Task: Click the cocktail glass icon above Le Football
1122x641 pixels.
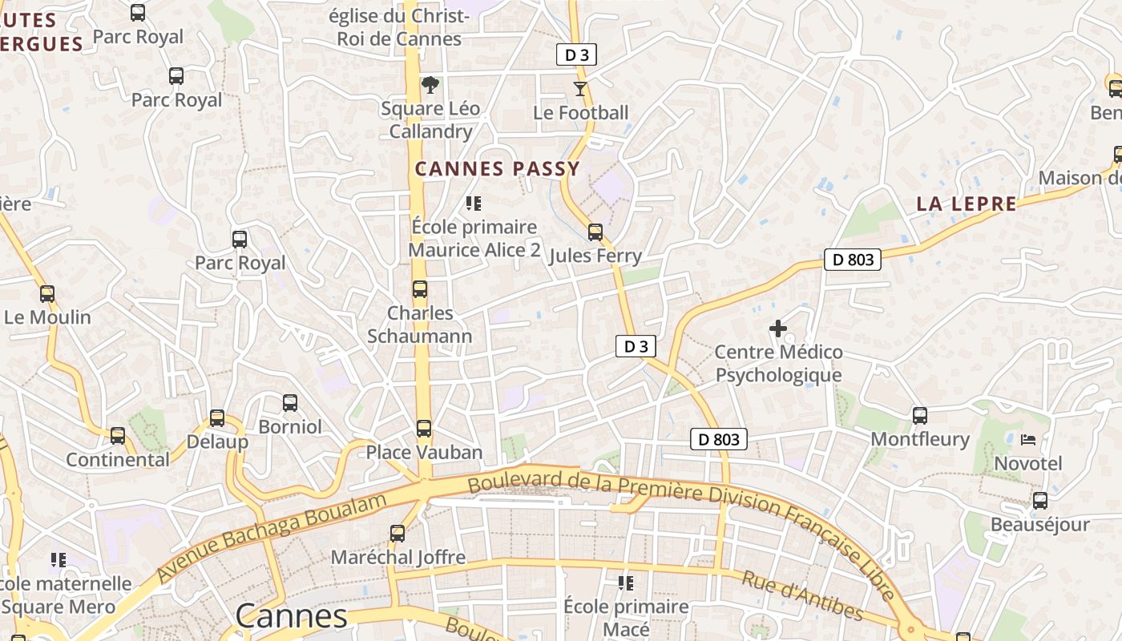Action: click(x=579, y=88)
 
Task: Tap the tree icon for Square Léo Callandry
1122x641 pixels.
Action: click(x=430, y=84)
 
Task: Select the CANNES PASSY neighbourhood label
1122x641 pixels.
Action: click(x=497, y=169)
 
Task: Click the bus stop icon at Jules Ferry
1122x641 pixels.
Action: click(x=595, y=232)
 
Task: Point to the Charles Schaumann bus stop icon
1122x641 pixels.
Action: click(x=419, y=289)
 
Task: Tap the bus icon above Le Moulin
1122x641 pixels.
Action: click(x=47, y=294)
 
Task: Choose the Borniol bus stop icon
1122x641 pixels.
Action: click(x=290, y=403)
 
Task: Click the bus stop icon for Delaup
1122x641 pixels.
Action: click(x=217, y=418)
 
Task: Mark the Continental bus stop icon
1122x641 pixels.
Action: click(x=118, y=436)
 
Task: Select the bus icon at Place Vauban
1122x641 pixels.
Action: click(x=424, y=429)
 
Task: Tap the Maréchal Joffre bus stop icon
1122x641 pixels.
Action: click(x=398, y=533)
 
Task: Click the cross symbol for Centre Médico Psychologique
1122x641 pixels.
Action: click(x=777, y=329)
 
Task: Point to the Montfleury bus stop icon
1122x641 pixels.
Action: click(x=920, y=416)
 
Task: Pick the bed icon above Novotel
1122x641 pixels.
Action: click(x=1027, y=440)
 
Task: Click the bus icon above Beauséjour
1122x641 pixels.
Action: click(x=1040, y=501)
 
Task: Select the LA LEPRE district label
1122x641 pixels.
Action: click(x=967, y=204)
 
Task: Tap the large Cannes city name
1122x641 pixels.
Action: click(x=292, y=616)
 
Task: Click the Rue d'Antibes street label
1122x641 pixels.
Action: click(x=801, y=596)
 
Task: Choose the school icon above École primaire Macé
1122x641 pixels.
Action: click(x=626, y=583)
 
